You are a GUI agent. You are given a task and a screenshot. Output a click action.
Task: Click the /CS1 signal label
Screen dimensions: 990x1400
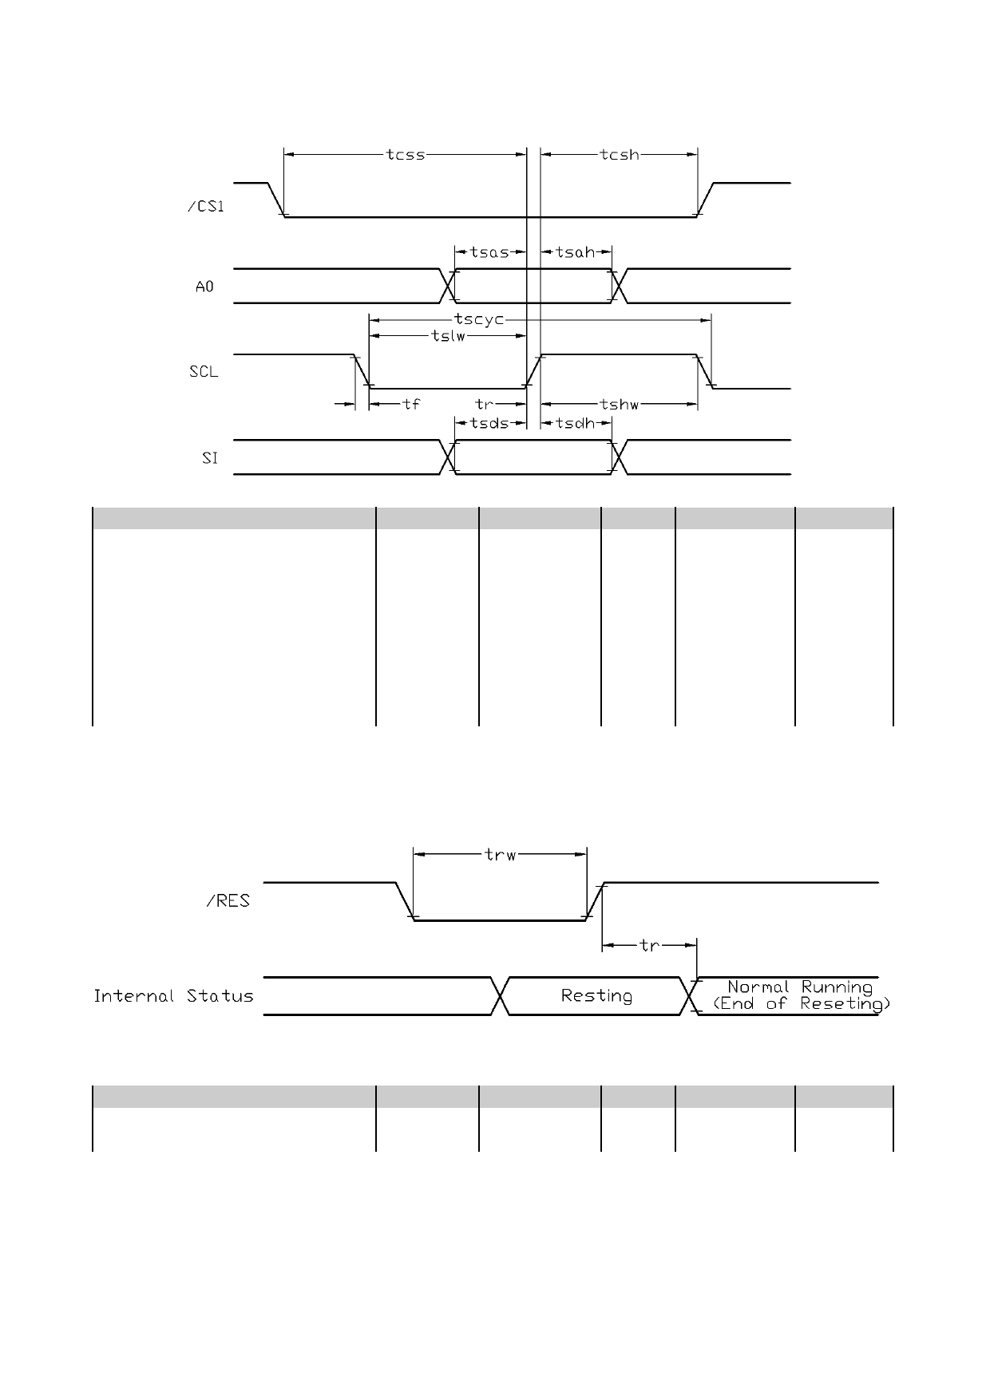point(206,207)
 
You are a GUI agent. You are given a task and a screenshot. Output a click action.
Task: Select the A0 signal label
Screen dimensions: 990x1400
point(205,287)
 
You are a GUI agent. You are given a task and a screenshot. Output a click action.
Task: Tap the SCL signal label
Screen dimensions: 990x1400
point(204,372)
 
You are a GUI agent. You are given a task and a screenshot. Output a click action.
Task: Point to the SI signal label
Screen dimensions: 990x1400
point(210,459)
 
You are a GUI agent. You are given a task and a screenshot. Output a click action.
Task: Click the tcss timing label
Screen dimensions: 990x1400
point(406,155)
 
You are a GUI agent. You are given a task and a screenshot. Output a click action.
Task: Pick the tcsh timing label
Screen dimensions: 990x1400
point(620,155)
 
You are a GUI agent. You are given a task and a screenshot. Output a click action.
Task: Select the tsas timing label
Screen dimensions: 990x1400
point(489,252)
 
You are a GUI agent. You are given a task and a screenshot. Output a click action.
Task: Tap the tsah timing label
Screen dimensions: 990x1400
point(576,252)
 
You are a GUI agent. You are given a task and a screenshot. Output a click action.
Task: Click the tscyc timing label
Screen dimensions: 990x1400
point(479,319)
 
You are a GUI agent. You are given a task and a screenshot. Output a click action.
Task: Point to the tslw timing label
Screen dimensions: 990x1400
point(448,336)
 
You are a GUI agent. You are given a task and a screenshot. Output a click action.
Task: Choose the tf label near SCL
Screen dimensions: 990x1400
point(411,405)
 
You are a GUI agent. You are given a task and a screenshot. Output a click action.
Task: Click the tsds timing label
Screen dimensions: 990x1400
point(489,423)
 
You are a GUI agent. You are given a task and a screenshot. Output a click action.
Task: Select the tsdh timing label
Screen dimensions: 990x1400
point(576,423)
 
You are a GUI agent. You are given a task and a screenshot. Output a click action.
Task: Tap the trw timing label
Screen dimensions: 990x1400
point(501,855)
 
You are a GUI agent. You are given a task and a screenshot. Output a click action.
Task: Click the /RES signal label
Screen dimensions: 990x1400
point(228,901)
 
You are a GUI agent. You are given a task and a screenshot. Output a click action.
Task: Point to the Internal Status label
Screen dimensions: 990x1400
point(174,996)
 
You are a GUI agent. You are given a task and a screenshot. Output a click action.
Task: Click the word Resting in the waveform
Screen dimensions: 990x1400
point(596,996)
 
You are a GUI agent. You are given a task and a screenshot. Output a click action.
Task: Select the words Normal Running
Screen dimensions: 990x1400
point(800,987)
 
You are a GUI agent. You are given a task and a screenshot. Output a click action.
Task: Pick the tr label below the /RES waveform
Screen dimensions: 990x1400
point(650,945)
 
